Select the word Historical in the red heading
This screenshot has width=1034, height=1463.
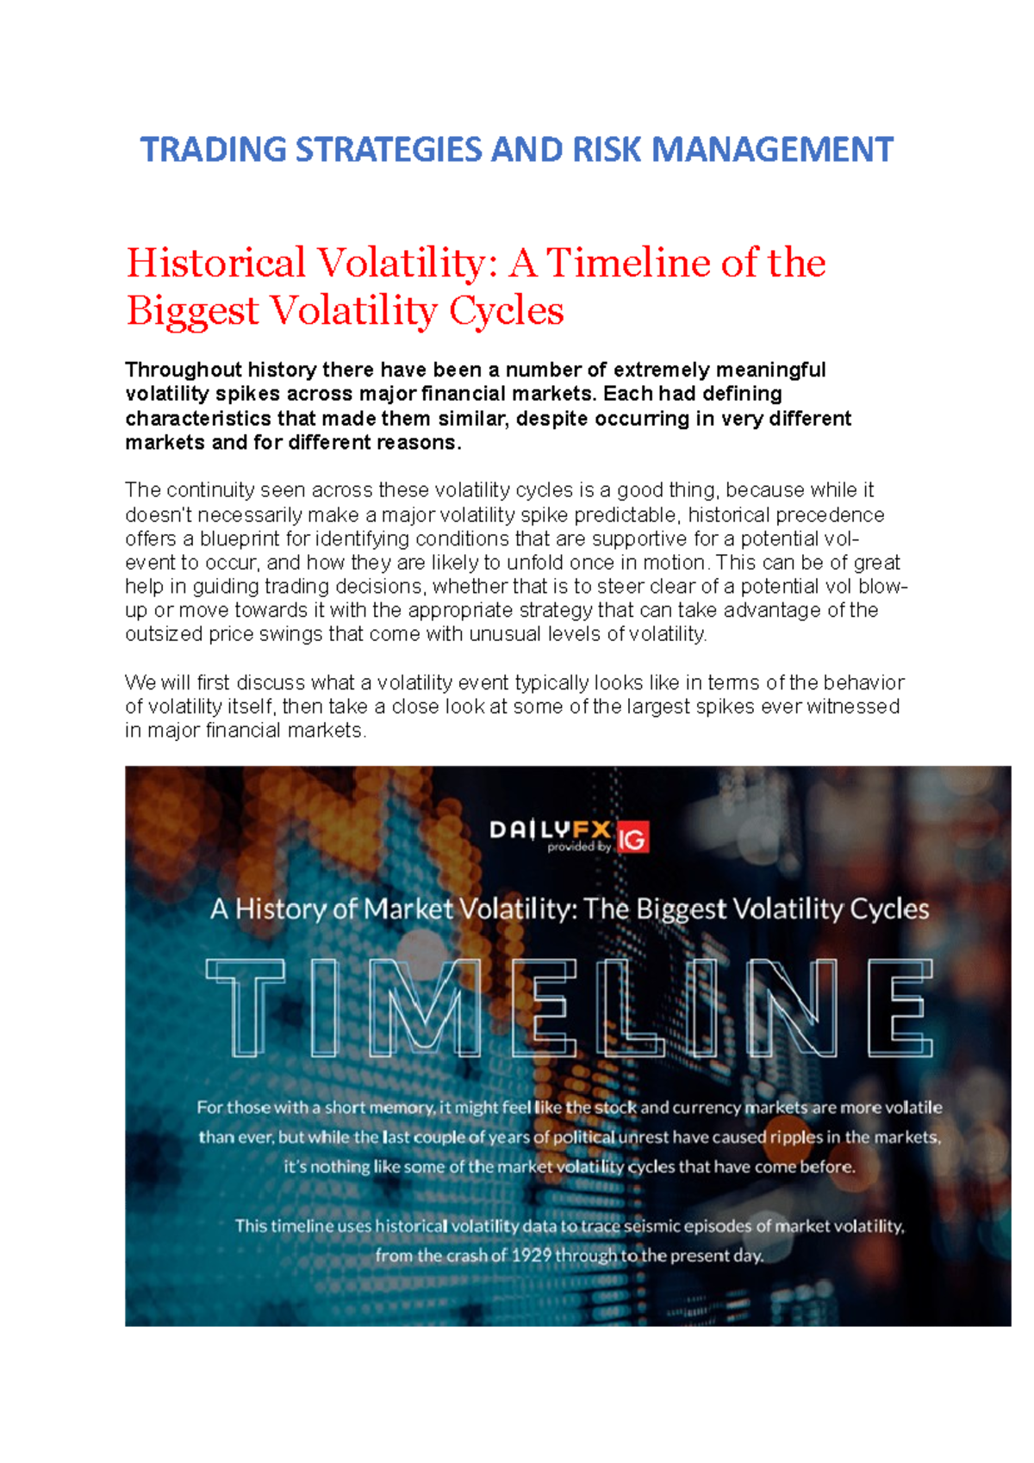click(216, 264)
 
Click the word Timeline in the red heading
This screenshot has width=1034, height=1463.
click(628, 264)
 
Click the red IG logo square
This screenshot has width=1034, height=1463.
click(632, 837)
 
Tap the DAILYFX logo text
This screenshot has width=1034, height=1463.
click(550, 830)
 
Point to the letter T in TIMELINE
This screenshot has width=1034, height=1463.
click(246, 1007)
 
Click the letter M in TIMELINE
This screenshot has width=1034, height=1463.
click(425, 1007)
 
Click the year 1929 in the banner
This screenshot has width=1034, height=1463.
click(531, 1255)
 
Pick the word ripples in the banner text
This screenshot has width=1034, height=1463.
click(795, 1137)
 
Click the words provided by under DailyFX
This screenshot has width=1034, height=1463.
click(579, 848)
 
